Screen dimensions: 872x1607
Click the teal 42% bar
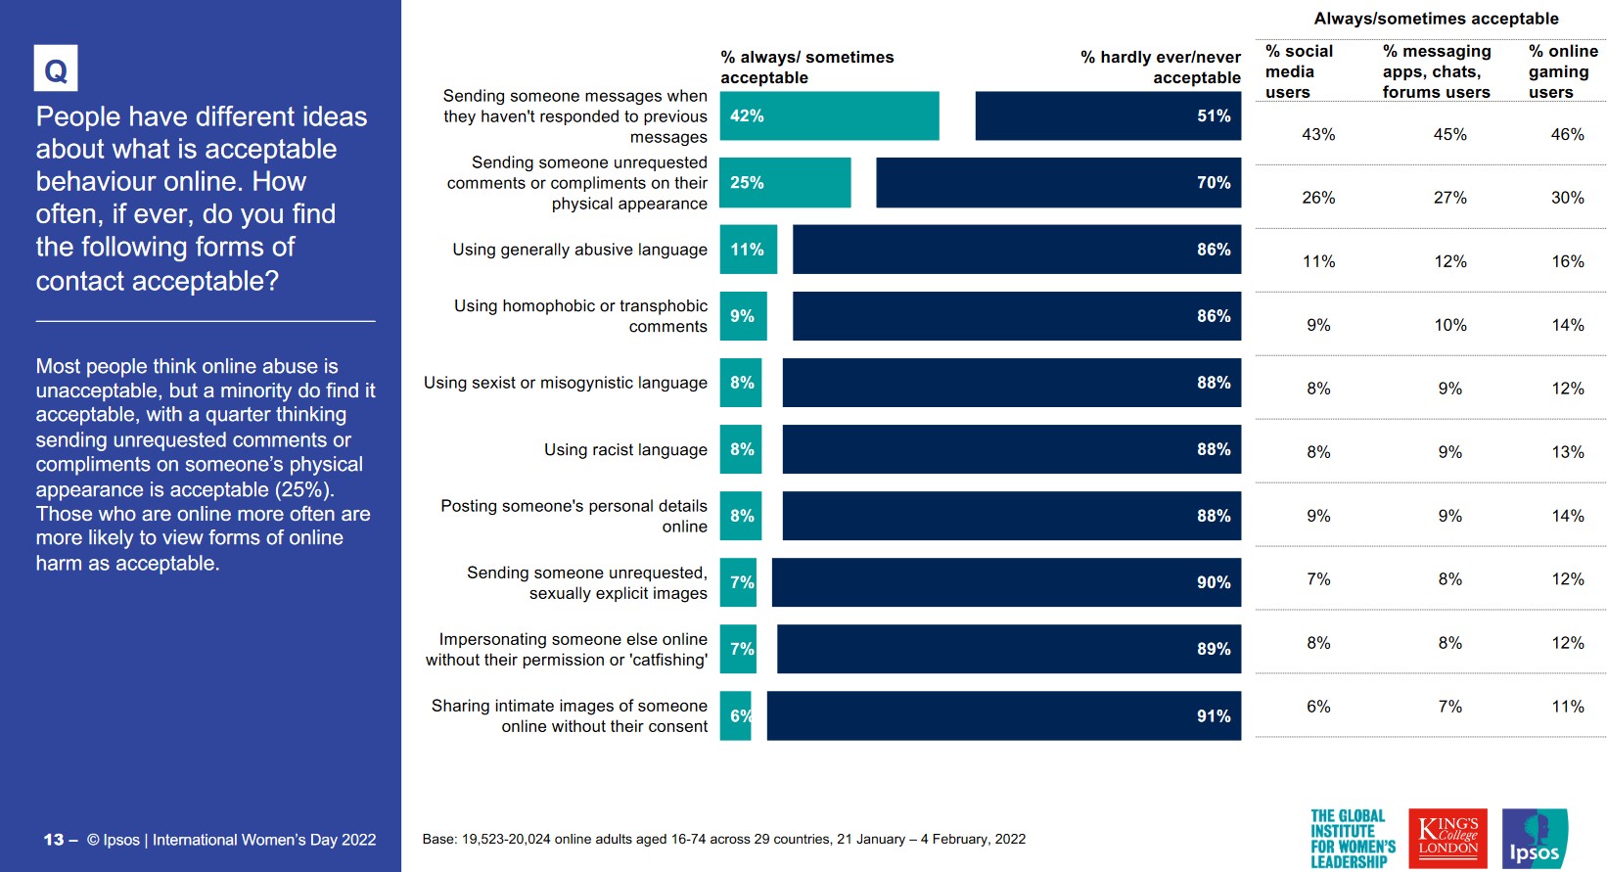(x=829, y=115)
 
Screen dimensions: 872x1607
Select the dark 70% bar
(x=1058, y=183)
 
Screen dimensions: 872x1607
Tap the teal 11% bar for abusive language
(x=749, y=250)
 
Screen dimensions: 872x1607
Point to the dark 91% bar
(x=1003, y=715)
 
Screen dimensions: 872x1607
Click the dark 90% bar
(x=1006, y=582)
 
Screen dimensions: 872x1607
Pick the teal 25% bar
(x=785, y=183)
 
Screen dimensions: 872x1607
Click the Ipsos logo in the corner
(x=1534, y=839)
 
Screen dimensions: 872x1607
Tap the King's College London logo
(x=1447, y=838)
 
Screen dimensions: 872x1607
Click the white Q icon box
(x=56, y=69)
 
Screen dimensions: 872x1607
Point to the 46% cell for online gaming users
(x=1567, y=135)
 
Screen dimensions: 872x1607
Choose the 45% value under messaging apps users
(x=1449, y=135)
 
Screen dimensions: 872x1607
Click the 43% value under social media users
(x=1318, y=135)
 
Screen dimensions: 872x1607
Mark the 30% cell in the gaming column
(x=1567, y=198)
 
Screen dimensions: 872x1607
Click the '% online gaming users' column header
(x=1563, y=71)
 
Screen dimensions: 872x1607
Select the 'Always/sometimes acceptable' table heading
(x=1436, y=19)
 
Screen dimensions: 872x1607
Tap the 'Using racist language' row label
(x=625, y=450)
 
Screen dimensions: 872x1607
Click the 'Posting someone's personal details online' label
(x=574, y=516)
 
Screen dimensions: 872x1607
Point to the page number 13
(x=54, y=840)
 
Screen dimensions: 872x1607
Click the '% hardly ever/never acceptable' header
(x=1161, y=68)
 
